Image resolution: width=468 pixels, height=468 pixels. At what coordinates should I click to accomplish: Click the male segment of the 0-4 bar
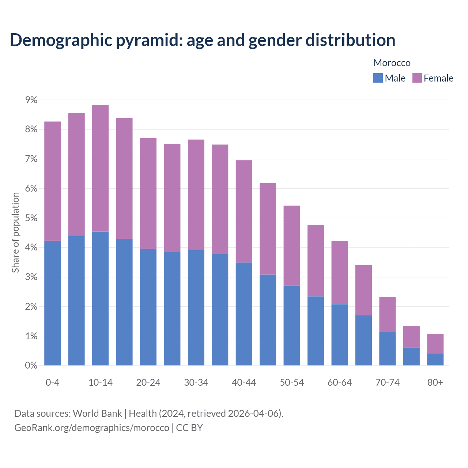(53, 303)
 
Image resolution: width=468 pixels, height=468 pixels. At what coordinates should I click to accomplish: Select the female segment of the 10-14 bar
(100, 168)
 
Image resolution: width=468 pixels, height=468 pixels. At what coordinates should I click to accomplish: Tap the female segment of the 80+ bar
(435, 343)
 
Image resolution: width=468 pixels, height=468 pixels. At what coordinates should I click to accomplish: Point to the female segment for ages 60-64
(340, 272)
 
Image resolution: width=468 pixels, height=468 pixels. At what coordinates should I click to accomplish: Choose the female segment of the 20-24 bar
(148, 193)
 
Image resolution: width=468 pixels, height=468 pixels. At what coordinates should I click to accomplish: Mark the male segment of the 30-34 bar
(196, 307)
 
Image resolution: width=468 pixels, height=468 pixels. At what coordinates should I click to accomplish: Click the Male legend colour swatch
(378, 78)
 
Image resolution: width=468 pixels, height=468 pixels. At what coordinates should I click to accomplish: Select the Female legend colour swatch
(417, 78)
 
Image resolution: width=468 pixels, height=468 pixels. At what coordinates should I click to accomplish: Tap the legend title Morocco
(392, 63)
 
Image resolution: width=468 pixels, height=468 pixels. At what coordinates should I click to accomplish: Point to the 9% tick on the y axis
(31, 100)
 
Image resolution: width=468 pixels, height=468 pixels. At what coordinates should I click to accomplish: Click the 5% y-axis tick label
(31, 218)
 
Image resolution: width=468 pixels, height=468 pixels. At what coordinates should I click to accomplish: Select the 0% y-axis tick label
(31, 365)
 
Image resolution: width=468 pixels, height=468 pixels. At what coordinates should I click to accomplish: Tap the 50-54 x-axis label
(292, 382)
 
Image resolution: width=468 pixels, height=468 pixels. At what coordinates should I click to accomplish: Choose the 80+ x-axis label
(435, 382)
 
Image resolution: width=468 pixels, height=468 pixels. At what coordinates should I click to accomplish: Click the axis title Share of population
(15, 233)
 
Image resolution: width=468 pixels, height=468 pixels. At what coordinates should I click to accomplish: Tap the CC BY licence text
(189, 428)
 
